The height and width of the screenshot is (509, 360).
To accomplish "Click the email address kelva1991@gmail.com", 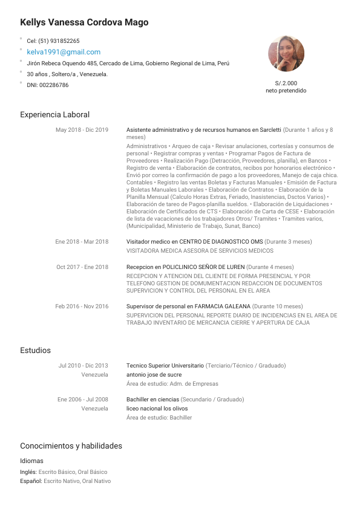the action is click(64, 52).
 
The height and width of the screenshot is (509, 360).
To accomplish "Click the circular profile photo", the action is click(286, 53).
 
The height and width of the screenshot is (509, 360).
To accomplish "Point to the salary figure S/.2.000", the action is click(286, 83).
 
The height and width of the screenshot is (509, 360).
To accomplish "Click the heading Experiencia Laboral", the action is click(54, 114).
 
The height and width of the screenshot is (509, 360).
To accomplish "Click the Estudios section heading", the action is click(35, 351).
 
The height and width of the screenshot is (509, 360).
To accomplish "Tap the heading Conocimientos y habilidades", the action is click(71, 446).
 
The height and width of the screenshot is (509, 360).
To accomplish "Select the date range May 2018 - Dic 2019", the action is click(82, 130).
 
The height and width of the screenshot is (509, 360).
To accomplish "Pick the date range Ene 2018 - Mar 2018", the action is click(82, 242).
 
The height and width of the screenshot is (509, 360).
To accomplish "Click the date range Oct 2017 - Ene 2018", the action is click(82, 267).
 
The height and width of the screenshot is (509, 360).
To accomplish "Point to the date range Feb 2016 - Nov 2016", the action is click(82, 306).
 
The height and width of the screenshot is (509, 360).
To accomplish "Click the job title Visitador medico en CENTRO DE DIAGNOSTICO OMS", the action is click(194, 242).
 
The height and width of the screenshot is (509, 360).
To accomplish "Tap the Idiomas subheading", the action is click(31, 461).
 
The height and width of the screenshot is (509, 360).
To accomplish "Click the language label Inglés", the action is click(28, 472).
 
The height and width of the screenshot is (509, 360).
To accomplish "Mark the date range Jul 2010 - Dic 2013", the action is click(83, 366).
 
